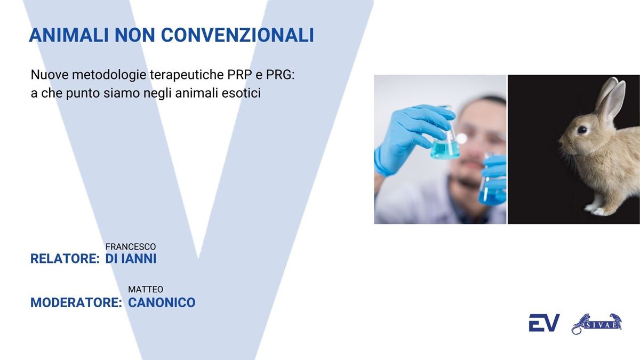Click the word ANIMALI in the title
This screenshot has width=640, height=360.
69,35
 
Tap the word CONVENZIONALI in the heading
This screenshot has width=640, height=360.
237,35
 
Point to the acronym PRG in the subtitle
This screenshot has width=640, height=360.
280,75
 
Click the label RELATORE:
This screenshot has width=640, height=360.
65,259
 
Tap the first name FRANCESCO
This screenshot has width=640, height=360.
131,246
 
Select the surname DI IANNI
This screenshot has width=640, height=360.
131,259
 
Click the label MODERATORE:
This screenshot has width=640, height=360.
76,302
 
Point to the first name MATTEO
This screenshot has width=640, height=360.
146,290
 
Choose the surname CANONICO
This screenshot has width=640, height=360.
162,302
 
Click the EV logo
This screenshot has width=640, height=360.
544,323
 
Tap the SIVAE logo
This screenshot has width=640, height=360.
597,324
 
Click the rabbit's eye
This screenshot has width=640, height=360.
582,130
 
